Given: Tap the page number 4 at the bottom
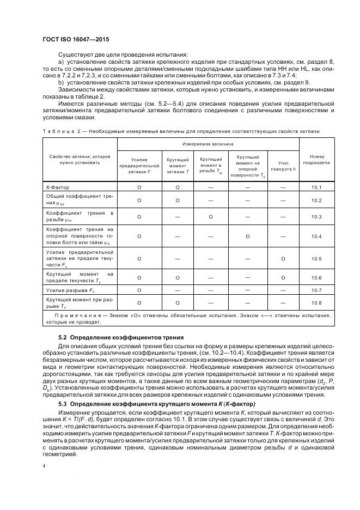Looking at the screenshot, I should (x=44, y=467).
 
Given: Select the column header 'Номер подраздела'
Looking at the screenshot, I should (x=316, y=159).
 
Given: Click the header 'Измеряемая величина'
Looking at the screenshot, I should (x=208, y=144).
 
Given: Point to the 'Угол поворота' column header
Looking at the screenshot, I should (x=283, y=166).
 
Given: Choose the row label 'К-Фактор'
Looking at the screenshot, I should (x=58, y=187).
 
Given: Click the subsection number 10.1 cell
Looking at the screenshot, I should (x=316, y=187).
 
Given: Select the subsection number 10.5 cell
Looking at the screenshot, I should (x=316, y=259).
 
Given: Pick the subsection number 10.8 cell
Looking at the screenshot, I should (x=316, y=302).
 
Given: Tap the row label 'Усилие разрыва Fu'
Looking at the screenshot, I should (x=67, y=290).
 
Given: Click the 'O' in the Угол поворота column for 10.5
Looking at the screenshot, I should (x=283, y=259).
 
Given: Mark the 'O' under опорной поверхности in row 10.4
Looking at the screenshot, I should (x=248, y=236).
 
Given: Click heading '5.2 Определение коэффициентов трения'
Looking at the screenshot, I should (x=121, y=337).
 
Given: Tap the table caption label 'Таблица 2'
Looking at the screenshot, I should (x=59, y=131).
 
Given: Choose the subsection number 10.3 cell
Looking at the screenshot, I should (x=316, y=216).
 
